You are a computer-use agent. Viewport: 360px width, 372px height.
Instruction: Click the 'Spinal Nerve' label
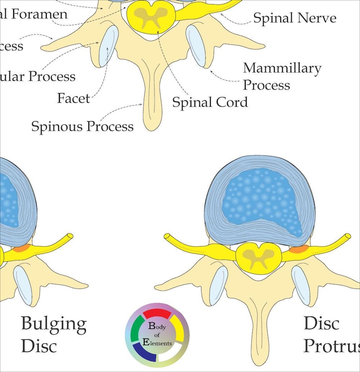[294, 18]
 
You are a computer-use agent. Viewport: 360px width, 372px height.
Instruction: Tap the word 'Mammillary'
[282, 69]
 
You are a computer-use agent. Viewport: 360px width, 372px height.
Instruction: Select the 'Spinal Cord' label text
[210, 102]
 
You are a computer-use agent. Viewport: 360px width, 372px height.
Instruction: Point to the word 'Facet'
[73, 98]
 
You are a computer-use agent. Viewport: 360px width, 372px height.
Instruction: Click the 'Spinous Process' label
[82, 126]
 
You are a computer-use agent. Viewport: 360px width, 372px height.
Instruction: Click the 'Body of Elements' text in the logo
[157, 335]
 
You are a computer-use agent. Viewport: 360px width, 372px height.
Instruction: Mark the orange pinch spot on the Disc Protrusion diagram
[297, 249]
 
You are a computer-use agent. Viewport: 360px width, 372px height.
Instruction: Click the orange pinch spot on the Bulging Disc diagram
[20, 249]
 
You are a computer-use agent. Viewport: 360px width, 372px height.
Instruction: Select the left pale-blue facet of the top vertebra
[108, 45]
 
